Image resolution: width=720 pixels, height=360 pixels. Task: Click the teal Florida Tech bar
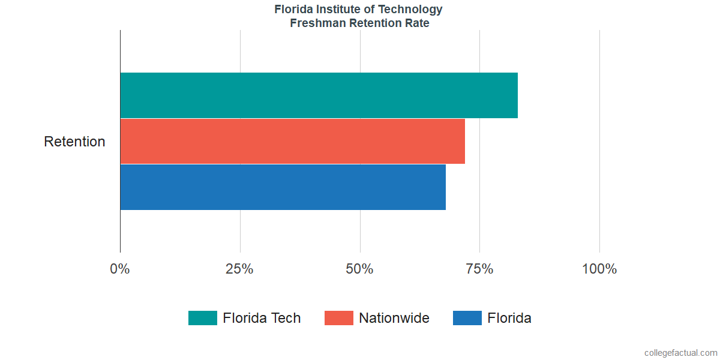click(x=319, y=95)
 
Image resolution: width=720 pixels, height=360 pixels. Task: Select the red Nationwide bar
click(x=292, y=141)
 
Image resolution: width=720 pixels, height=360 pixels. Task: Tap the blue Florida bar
click(x=283, y=187)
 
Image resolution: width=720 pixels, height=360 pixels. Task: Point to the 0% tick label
click(x=120, y=269)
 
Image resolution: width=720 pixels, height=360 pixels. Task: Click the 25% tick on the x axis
click(x=239, y=269)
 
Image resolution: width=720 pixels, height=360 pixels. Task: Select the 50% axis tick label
click(x=359, y=269)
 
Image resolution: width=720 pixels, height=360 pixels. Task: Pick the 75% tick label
click(x=479, y=269)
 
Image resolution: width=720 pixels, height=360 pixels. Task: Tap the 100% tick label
click(x=599, y=269)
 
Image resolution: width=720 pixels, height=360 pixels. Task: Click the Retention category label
click(x=74, y=142)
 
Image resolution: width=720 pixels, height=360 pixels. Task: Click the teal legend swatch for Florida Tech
click(x=202, y=318)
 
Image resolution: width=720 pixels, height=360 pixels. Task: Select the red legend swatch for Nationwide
click(x=339, y=318)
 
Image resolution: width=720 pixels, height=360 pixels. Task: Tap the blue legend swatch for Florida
click(x=467, y=318)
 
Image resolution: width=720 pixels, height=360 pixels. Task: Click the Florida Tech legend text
click(x=262, y=318)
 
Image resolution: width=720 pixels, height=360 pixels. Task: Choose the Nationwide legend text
click(x=394, y=318)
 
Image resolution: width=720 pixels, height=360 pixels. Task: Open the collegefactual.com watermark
click(x=680, y=353)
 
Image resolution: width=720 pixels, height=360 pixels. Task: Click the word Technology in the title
click(x=411, y=10)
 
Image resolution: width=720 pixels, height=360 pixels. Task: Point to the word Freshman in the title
click(x=314, y=24)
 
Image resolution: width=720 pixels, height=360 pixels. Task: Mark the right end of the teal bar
click(x=517, y=95)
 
